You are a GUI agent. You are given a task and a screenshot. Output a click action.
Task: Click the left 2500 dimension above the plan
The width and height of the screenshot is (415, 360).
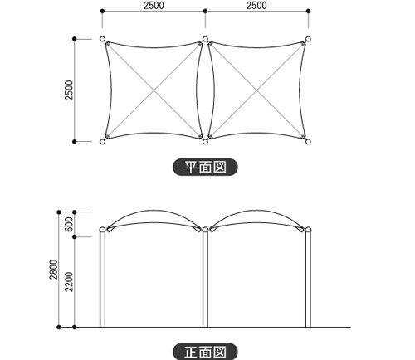tap(154, 6)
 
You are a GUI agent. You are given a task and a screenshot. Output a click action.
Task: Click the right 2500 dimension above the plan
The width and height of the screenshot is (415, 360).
tap(256, 6)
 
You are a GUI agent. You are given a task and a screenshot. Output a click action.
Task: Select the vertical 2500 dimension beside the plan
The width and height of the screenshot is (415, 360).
tap(69, 90)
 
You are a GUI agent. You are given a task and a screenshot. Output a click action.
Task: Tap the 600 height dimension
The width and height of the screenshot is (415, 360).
tap(69, 224)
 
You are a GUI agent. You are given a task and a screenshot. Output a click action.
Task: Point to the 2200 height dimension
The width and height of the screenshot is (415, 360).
tap(69, 282)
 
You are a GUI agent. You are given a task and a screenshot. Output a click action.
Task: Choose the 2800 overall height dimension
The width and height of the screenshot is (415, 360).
tap(53, 270)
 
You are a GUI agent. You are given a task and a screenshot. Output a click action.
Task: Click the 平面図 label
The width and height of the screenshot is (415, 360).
tap(205, 167)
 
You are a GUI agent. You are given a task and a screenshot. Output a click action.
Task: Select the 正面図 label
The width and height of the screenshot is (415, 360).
tap(205, 352)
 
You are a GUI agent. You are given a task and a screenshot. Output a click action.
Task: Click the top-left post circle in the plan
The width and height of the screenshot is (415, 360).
tap(102, 39)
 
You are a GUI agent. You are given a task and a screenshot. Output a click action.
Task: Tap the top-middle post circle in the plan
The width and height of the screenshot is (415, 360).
tap(205, 39)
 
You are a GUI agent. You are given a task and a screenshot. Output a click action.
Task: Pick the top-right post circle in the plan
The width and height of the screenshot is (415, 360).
tap(308, 39)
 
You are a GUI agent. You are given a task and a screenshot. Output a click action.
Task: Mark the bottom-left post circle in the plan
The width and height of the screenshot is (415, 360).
tap(102, 142)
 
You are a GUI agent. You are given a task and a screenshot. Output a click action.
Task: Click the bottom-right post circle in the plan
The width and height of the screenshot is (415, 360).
tap(308, 142)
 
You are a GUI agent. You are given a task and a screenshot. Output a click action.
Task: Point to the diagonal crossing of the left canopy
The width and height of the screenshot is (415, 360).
tap(154, 90)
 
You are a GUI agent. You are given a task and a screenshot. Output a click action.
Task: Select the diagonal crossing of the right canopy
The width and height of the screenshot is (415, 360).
tap(256, 90)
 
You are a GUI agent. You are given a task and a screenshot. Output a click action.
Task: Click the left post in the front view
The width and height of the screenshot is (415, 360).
tap(102, 277)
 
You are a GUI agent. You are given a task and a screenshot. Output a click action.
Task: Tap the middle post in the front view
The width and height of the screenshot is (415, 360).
tap(205, 277)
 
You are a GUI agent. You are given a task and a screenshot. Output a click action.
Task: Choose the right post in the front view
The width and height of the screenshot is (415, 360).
tap(308, 277)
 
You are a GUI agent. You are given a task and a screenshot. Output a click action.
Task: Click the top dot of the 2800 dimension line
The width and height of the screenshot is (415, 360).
tap(59, 212)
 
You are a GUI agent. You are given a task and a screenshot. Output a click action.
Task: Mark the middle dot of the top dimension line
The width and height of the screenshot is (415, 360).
tap(205, 11)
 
